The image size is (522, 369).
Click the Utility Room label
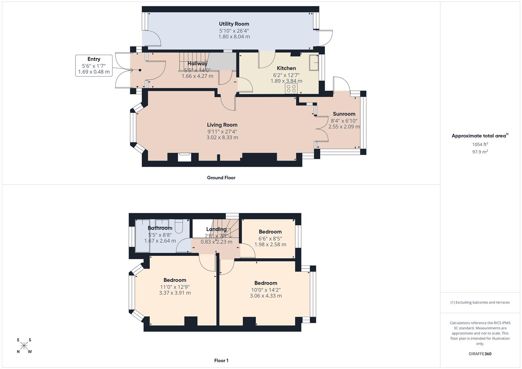click(234, 24)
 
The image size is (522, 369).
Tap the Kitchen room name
click(286, 68)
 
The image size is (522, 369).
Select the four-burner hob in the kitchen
click(291, 89)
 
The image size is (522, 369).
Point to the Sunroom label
click(344, 114)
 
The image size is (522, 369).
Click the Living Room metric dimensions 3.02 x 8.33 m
click(222, 138)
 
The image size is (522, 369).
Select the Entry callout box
click(94, 65)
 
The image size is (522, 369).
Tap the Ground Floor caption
click(221, 178)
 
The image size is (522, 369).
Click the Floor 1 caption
click(221, 360)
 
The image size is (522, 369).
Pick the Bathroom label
click(160, 228)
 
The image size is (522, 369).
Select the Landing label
click(216, 229)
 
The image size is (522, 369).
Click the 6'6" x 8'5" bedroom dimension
click(270, 238)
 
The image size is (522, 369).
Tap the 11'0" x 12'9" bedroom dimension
click(175, 287)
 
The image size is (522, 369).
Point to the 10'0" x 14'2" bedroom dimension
click(266, 290)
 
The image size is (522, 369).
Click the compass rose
click(24, 346)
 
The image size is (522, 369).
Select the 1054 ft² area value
click(480, 145)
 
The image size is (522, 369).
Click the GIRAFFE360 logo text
click(480, 354)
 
